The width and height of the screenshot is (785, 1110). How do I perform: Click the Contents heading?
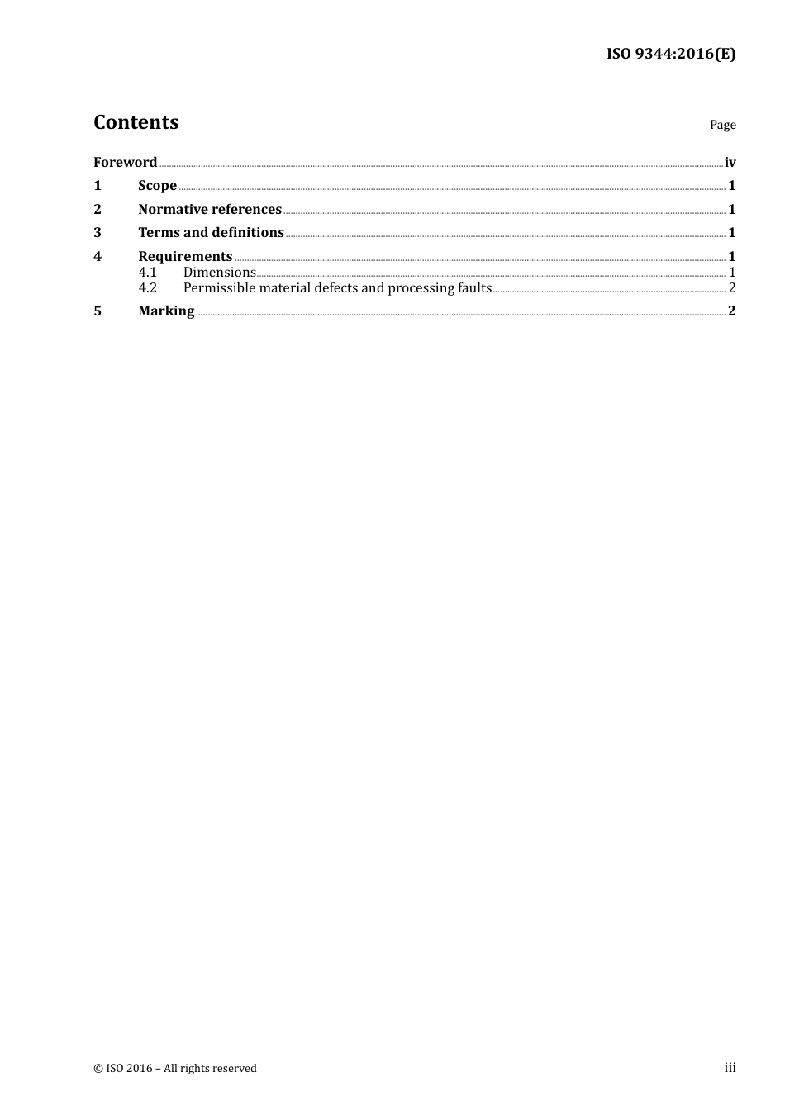click(136, 122)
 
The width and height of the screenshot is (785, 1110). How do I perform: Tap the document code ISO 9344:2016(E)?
click(671, 55)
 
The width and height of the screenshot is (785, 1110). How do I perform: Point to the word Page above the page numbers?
click(722, 125)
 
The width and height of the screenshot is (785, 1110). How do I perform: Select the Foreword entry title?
click(125, 163)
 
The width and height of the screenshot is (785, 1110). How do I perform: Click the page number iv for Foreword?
click(730, 163)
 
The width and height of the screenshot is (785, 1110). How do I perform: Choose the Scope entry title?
click(157, 186)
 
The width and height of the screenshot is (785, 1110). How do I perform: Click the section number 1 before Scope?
click(98, 186)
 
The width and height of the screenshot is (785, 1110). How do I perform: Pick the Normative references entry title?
click(210, 210)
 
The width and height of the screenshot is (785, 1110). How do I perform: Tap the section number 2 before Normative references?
click(98, 210)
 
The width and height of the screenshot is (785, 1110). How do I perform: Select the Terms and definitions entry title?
click(211, 233)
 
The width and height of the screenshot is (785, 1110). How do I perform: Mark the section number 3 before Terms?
click(98, 233)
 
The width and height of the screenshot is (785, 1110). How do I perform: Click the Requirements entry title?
click(185, 257)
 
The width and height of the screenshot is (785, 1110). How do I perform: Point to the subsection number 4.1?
click(147, 273)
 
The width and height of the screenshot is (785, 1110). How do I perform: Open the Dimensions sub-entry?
click(220, 273)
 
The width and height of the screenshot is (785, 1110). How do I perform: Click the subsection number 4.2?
click(147, 288)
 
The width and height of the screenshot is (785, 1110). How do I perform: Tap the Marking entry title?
click(166, 311)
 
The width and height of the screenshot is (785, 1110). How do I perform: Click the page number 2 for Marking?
click(731, 311)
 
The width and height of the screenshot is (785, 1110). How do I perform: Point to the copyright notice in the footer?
click(175, 1069)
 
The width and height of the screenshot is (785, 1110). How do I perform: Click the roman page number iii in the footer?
click(730, 1068)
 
